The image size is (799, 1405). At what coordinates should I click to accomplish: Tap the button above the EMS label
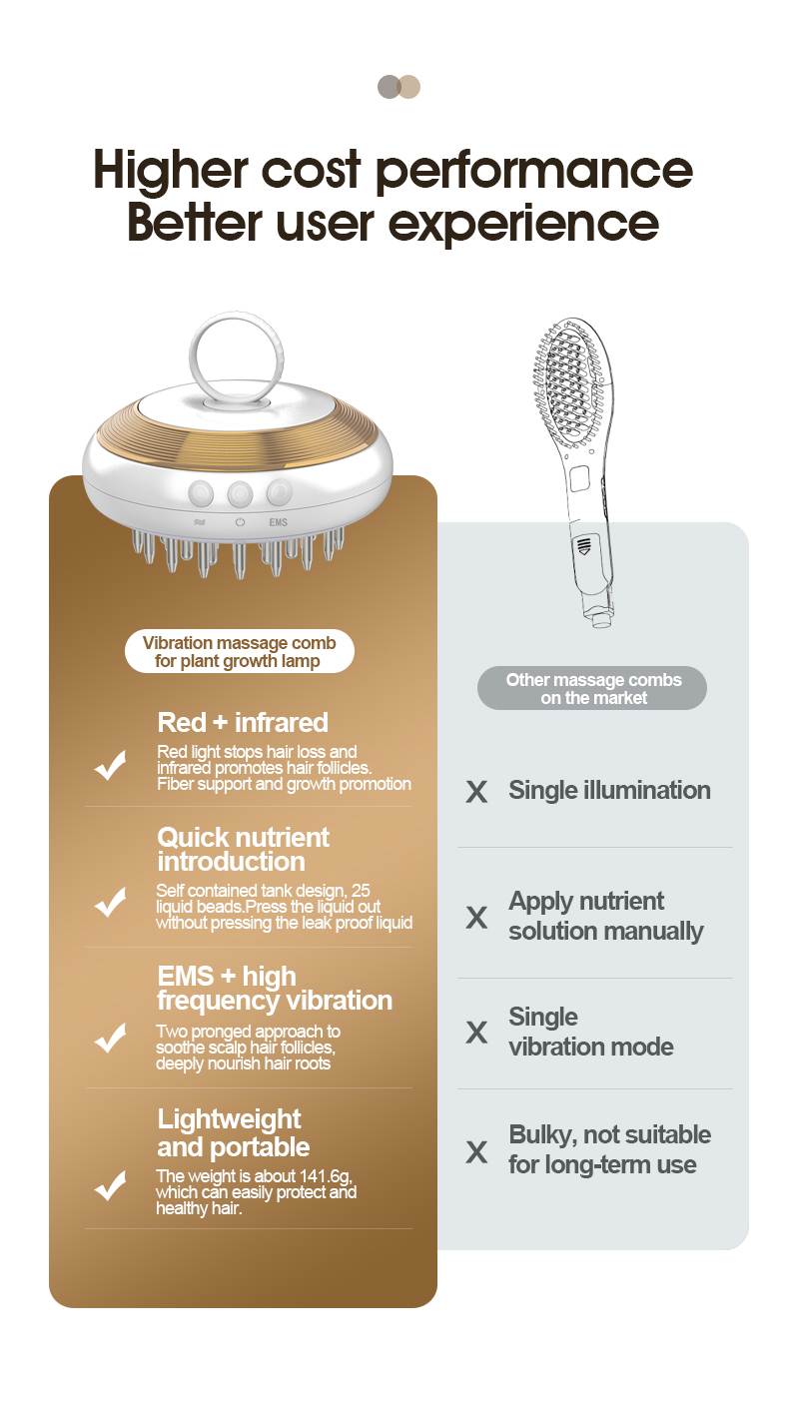(279, 492)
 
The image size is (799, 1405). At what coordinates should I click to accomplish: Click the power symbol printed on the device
(240, 522)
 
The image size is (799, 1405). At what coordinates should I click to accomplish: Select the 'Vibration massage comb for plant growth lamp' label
(240, 651)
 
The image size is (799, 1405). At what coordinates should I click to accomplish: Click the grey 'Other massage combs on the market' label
(592, 688)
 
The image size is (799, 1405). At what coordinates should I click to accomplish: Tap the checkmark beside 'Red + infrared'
(111, 765)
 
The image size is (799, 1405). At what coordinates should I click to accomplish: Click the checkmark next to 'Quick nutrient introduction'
(111, 902)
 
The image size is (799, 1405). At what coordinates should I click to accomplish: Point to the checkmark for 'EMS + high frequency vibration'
(111, 1039)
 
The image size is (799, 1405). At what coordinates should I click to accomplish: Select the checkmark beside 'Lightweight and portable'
(111, 1185)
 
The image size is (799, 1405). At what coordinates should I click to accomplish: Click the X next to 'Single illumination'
(476, 792)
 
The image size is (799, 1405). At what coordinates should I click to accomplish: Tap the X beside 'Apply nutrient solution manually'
(476, 918)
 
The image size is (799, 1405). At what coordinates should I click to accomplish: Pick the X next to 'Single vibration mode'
(476, 1032)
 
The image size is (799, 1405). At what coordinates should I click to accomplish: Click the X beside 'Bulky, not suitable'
(476, 1152)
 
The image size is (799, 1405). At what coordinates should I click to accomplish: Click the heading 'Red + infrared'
(243, 723)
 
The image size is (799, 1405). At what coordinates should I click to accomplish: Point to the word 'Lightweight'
(229, 1120)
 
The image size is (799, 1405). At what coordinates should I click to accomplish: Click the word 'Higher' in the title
(171, 170)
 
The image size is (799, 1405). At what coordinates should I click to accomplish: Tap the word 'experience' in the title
(523, 225)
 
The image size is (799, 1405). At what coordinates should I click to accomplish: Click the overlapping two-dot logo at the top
(399, 87)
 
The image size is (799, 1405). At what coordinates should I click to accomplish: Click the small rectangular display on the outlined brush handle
(579, 478)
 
